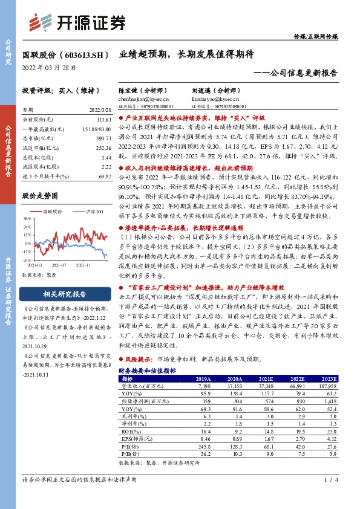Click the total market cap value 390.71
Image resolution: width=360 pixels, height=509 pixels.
pos(98,138)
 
